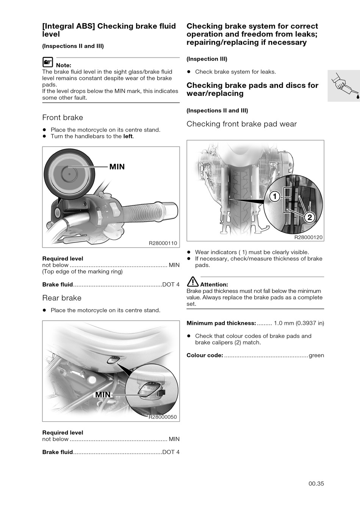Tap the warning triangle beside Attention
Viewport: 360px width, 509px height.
pyautogui.click(x=193, y=282)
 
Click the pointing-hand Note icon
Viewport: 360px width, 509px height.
pyautogui.click(x=48, y=62)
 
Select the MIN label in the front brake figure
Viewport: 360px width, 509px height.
pyautogui.click(x=117, y=167)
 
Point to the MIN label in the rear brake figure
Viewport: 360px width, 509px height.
pyautogui.click(x=103, y=395)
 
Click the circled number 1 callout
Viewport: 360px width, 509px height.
pyautogui.click(x=275, y=196)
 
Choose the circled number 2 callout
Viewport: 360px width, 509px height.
pyautogui.click(x=310, y=218)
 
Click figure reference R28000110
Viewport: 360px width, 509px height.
pyautogui.click(x=163, y=243)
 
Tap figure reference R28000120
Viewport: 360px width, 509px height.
pyautogui.click(x=308, y=237)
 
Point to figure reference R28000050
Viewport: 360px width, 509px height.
pyautogui.click(x=163, y=417)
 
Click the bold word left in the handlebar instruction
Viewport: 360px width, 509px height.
pyautogui.click(x=128, y=136)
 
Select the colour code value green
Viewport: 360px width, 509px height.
pyautogui.click(x=316, y=356)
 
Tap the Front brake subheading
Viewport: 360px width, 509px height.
pyautogui.click(x=63, y=117)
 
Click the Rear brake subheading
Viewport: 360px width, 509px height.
pyautogui.click(x=62, y=298)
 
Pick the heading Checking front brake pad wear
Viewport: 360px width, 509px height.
pyautogui.click(x=242, y=124)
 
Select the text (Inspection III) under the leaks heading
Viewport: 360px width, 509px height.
pyautogui.click(x=207, y=59)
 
